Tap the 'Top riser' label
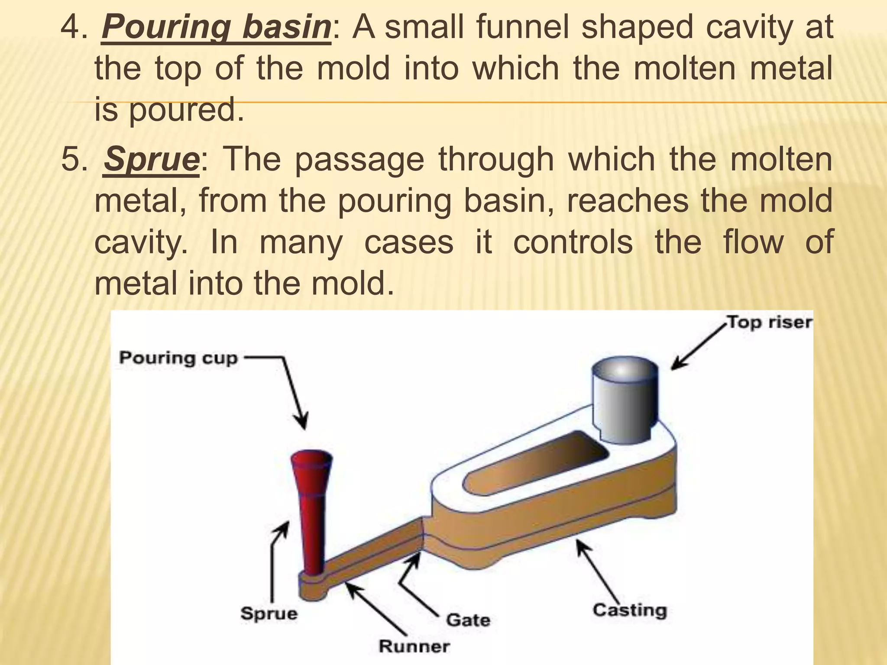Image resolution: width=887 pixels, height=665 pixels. tap(769, 322)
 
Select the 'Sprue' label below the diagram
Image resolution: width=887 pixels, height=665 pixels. tap(269, 613)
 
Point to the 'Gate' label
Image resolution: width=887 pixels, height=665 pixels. tap(468, 620)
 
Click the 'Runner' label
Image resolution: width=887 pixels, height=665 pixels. tap(414, 646)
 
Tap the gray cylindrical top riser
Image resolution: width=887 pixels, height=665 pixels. tap(625, 401)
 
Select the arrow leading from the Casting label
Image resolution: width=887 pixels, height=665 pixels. tap(600, 571)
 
